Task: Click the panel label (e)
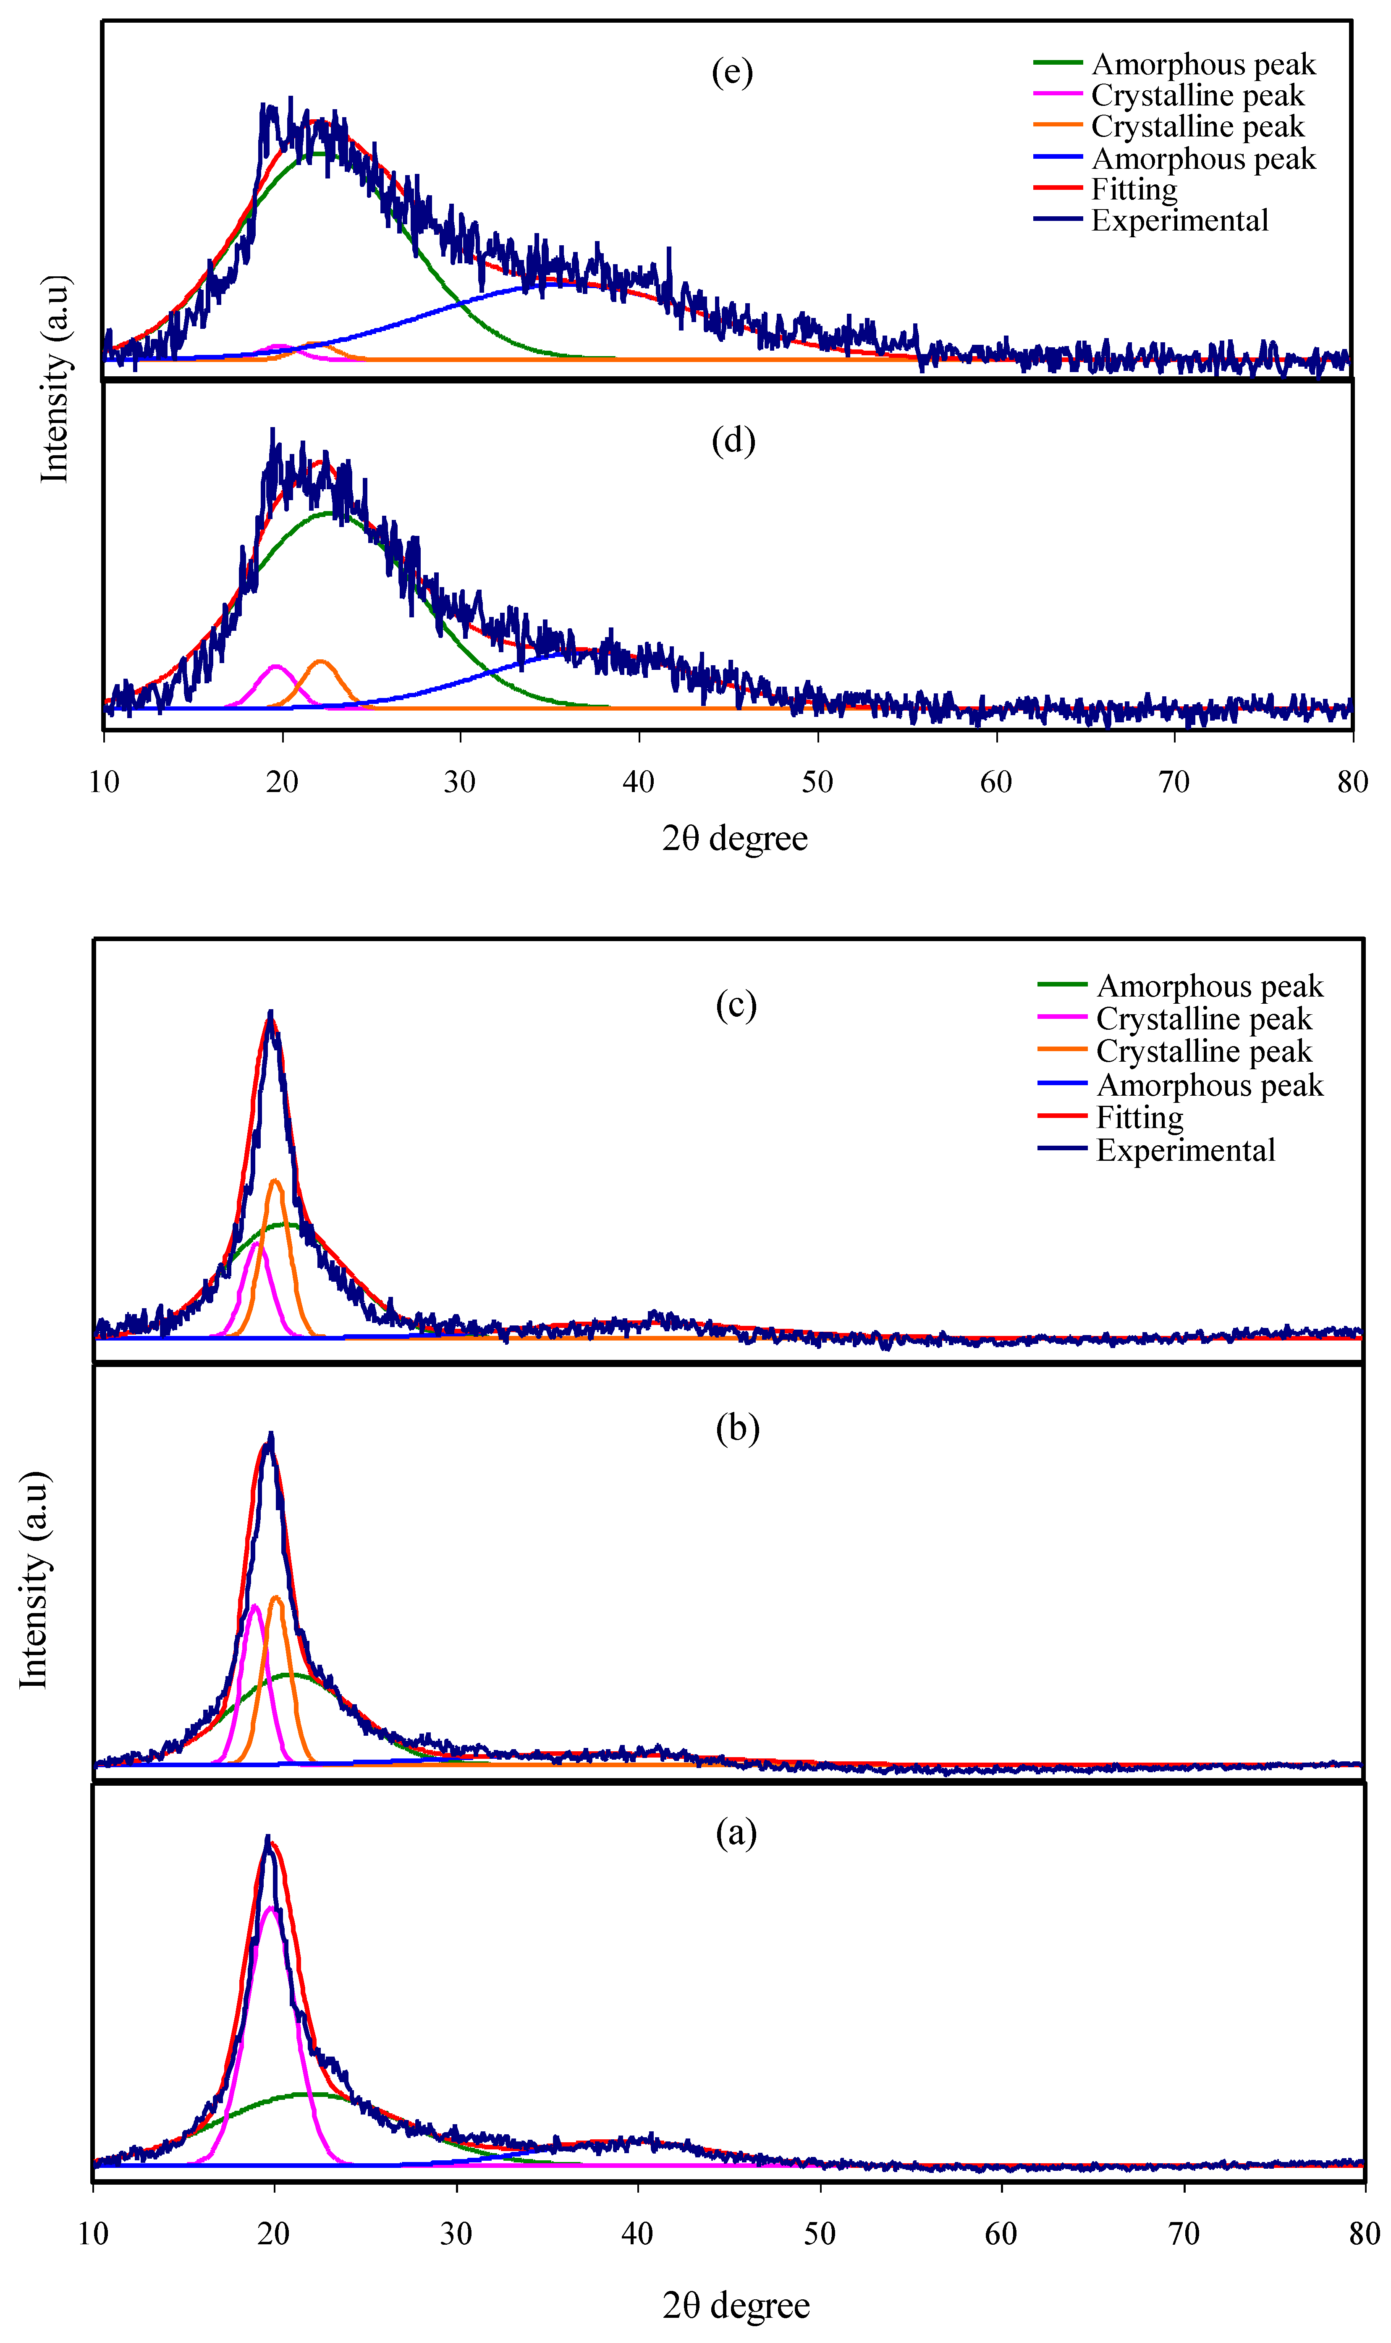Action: tap(732, 72)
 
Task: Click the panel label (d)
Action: tap(733, 441)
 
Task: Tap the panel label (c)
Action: tap(736, 1006)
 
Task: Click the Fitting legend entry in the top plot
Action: tap(1106, 189)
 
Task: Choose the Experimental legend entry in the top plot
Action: tap(1151, 221)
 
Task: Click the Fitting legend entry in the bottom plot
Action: tap(1111, 1118)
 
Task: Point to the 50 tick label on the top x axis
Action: tap(817, 782)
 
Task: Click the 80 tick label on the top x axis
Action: tap(1352, 782)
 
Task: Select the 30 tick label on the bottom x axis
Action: tap(456, 2234)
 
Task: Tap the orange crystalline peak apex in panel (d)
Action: tap(321, 662)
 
